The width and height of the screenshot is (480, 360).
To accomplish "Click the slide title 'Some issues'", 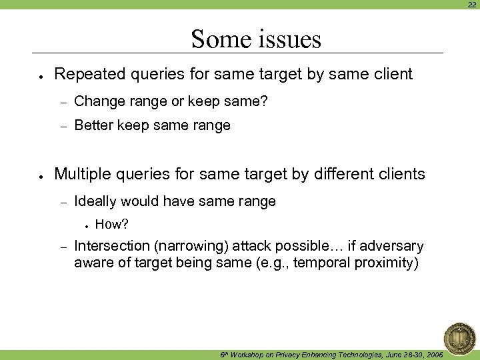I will coord(256,39).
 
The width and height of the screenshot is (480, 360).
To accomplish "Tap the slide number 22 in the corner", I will coord(471,5).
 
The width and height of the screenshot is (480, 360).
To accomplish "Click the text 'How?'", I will coord(112,224).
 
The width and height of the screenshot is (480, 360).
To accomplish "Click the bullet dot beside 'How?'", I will coord(87,225).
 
